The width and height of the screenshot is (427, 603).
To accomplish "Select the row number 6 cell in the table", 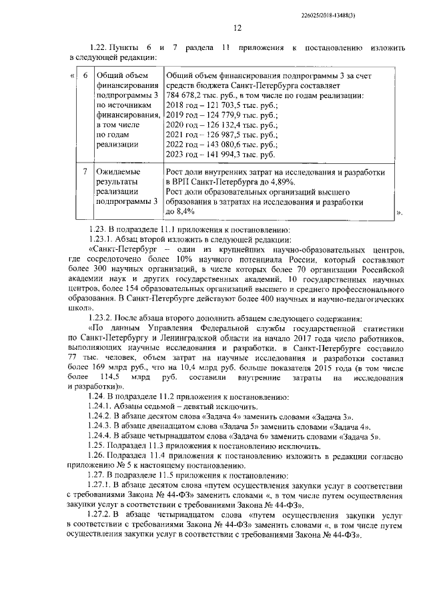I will (x=85, y=75).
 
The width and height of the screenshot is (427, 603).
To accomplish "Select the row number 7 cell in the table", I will (x=85, y=171).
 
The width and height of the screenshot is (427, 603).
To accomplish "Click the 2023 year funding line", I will (x=220, y=155).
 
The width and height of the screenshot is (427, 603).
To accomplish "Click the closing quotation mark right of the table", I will (x=399, y=213).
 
